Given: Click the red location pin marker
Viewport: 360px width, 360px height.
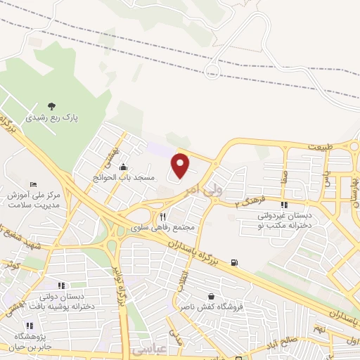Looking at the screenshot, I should coord(181,165).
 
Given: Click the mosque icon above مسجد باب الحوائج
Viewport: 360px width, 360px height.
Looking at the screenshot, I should coord(124,167).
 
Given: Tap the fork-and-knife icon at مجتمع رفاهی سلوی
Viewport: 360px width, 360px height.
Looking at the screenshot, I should coord(162,217).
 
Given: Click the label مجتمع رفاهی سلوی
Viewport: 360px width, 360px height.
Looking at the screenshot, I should coord(166,229).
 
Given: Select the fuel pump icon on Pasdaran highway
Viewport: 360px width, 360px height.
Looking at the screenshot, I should coord(234,264).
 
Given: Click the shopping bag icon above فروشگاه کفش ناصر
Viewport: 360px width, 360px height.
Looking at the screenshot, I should coord(212,296).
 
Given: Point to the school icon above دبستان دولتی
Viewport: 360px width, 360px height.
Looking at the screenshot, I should coord(61,285).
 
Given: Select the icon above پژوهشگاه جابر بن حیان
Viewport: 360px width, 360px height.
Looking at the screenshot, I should coord(30,326).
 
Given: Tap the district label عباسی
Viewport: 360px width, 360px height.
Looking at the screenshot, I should coord(145,349).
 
